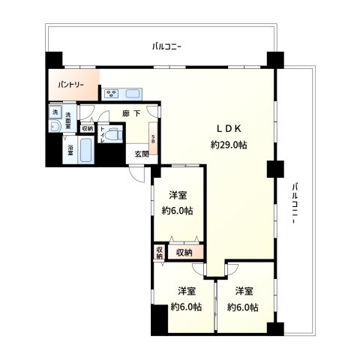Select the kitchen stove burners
tap(112, 94)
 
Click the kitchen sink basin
tap(133, 94)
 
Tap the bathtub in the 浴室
tap(85, 151)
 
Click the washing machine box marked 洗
tap(54, 112)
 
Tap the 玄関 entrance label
tap(141, 154)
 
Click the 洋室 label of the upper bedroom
tap(178, 195)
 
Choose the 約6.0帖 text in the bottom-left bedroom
tap(186, 307)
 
